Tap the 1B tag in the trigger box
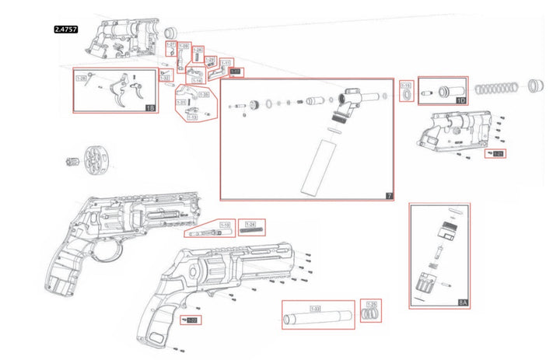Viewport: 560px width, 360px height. (x=150, y=108)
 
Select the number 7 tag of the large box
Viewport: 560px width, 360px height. (x=389, y=195)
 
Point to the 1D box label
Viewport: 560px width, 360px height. (x=460, y=100)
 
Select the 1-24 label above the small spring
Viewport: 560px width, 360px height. (x=250, y=223)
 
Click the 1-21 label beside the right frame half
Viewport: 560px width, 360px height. (x=497, y=154)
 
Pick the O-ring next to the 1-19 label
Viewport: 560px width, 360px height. (x=406, y=95)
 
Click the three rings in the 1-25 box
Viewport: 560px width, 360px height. (x=373, y=313)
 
